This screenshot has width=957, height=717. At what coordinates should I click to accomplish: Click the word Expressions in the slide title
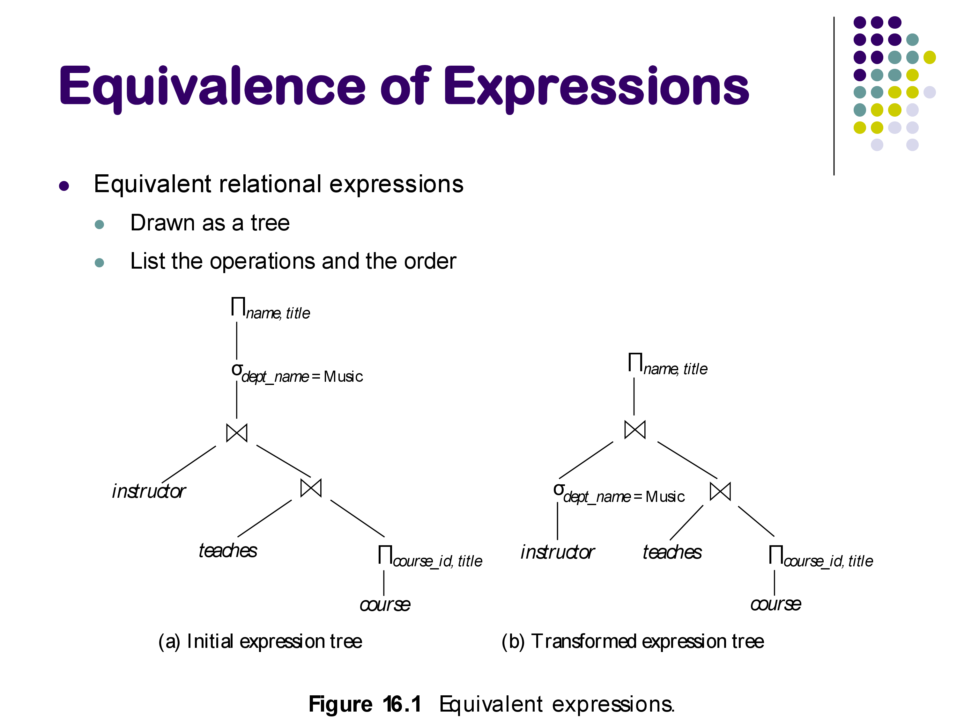pyautogui.click(x=596, y=86)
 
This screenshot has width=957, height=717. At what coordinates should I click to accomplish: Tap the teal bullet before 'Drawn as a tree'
pyautogui.click(x=99, y=224)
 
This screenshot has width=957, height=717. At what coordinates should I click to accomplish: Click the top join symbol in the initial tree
pyautogui.click(x=237, y=433)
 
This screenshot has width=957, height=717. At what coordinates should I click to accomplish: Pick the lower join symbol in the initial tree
pyautogui.click(x=311, y=488)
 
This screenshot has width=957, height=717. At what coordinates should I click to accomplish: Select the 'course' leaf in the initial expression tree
pyautogui.click(x=385, y=604)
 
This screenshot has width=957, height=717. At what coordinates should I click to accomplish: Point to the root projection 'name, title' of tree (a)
pyautogui.click(x=271, y=309)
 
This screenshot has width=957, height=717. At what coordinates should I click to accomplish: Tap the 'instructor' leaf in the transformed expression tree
pyautogui.click(x=557, y=552)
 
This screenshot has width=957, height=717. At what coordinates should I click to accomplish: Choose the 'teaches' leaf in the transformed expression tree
pyautogui.click(x=671, y=552)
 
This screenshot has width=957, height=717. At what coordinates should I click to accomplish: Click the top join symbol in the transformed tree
pyautogui.click(x=635, y=429)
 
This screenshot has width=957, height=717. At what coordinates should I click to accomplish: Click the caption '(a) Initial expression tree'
pyautogui.click(x=260, y=642)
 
